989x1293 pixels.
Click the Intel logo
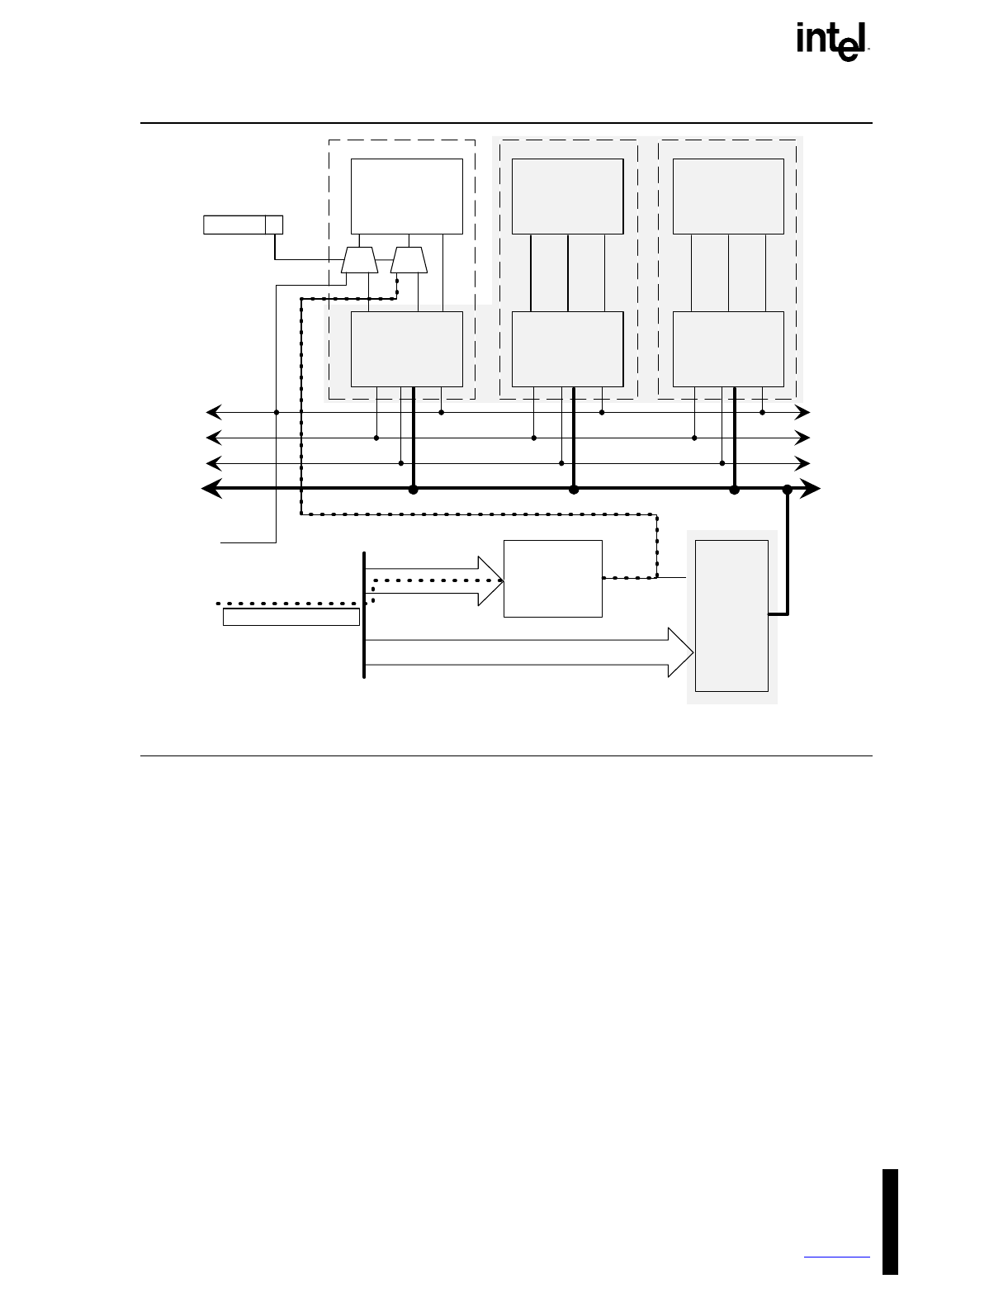833,42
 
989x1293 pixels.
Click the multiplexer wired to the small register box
360,261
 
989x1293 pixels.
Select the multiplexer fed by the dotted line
409,261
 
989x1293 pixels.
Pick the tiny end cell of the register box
274,225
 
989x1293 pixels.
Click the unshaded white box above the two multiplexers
406,197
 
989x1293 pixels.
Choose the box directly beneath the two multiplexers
406,348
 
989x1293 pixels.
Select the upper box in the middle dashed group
567,197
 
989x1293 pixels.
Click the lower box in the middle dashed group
567,348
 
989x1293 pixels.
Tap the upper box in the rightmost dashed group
728,197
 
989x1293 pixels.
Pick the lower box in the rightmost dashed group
728,348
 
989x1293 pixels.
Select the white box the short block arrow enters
552,579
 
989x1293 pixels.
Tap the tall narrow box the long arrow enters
731,615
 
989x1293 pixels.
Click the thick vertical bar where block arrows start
364,614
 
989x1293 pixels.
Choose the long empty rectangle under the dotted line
291,617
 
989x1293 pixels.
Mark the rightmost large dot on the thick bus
788,490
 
